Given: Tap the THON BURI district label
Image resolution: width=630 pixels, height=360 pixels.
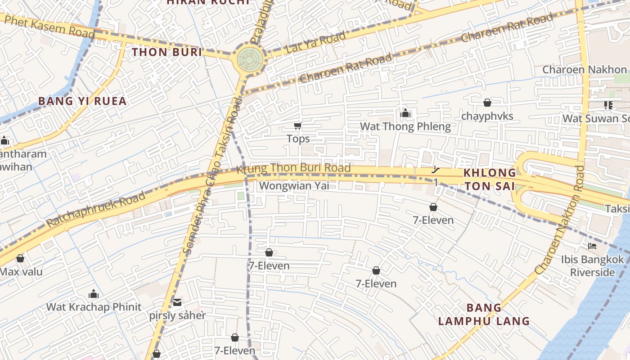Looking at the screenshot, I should tap(167, 52).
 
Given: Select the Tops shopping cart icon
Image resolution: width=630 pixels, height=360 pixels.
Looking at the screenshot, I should tap(297, 126).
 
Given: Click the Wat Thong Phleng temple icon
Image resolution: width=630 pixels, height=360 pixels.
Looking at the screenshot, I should tap(405, 113).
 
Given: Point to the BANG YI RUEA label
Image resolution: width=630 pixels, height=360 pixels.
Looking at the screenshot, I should tap(82, 101).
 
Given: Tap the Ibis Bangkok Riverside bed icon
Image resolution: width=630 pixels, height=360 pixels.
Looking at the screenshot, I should tap(592, 246).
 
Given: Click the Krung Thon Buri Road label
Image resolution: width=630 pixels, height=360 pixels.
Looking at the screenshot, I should tap(293, 168).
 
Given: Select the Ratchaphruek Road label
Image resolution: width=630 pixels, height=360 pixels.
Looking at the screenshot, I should tap(96, 209).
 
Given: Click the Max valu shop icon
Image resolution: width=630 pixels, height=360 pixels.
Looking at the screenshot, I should tap(20, 258).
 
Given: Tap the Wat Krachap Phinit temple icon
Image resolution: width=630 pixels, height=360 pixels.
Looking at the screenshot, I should tap(94, 294).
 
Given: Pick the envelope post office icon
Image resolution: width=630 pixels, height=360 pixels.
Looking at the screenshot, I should tap(177, 302).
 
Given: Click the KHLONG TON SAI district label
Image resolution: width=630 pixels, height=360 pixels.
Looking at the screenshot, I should tap(490, 179).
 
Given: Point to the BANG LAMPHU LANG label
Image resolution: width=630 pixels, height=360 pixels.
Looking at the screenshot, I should tap(484, 315).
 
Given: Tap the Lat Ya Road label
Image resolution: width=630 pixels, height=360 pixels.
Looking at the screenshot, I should tap(315, 43).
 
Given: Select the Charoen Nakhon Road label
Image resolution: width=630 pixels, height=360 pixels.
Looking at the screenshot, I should tap(561, 220).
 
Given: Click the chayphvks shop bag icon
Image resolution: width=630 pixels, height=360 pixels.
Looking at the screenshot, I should tap(487, 103).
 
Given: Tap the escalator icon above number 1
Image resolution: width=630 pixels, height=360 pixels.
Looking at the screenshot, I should tap(435, 170).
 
